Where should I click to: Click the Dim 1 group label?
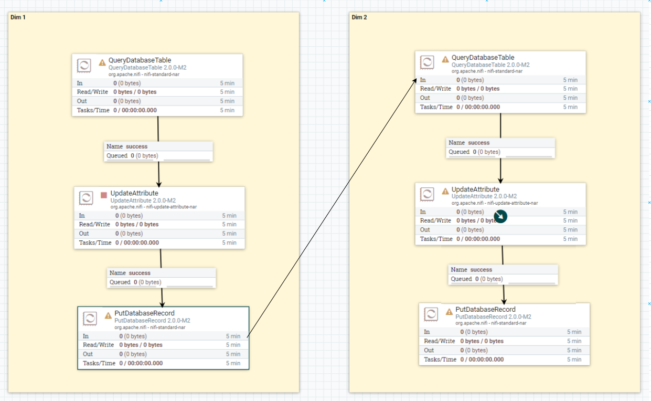point(18,17)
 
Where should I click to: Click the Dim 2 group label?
point(359,17)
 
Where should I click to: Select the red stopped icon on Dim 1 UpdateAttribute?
point(104,195)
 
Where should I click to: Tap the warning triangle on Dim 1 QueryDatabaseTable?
point(102,62)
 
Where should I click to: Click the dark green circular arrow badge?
point(501,216)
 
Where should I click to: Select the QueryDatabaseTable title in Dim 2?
point(483,57)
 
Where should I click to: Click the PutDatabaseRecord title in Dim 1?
point(144,313)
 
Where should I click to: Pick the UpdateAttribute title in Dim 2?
point(475,189)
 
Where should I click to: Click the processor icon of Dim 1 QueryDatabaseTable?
point(84,65)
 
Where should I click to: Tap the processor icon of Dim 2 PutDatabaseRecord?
point(431,314)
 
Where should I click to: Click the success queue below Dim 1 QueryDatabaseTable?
point(158,151)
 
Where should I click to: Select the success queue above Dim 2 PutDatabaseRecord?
point(503,274)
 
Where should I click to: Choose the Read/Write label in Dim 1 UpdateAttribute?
point(94,224)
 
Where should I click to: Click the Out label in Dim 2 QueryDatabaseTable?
point(425,98)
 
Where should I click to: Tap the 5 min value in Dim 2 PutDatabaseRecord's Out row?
point(574,350)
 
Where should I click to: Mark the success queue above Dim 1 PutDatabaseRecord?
point(162,277)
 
